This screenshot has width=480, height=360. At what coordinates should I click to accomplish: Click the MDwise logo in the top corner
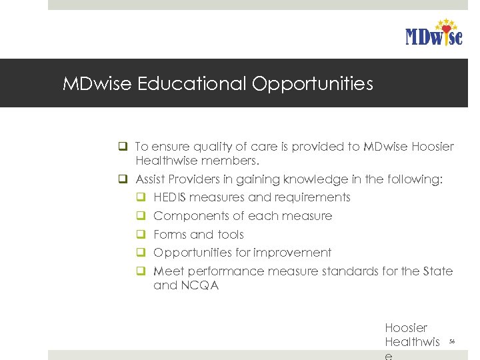(433, 33)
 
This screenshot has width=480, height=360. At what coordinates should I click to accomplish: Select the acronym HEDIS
(170, 197)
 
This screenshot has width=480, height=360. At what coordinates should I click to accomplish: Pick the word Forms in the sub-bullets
(169, 235)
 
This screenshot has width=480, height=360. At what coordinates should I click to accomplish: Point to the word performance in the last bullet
(227, 271)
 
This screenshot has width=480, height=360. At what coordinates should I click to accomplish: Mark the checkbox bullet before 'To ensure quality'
(123, 147)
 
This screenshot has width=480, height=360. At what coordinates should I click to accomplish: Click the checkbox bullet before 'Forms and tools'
(141, 235)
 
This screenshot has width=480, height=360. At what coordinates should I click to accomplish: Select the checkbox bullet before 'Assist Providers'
(123, 179)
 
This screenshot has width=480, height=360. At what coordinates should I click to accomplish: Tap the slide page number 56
(451, 341)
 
